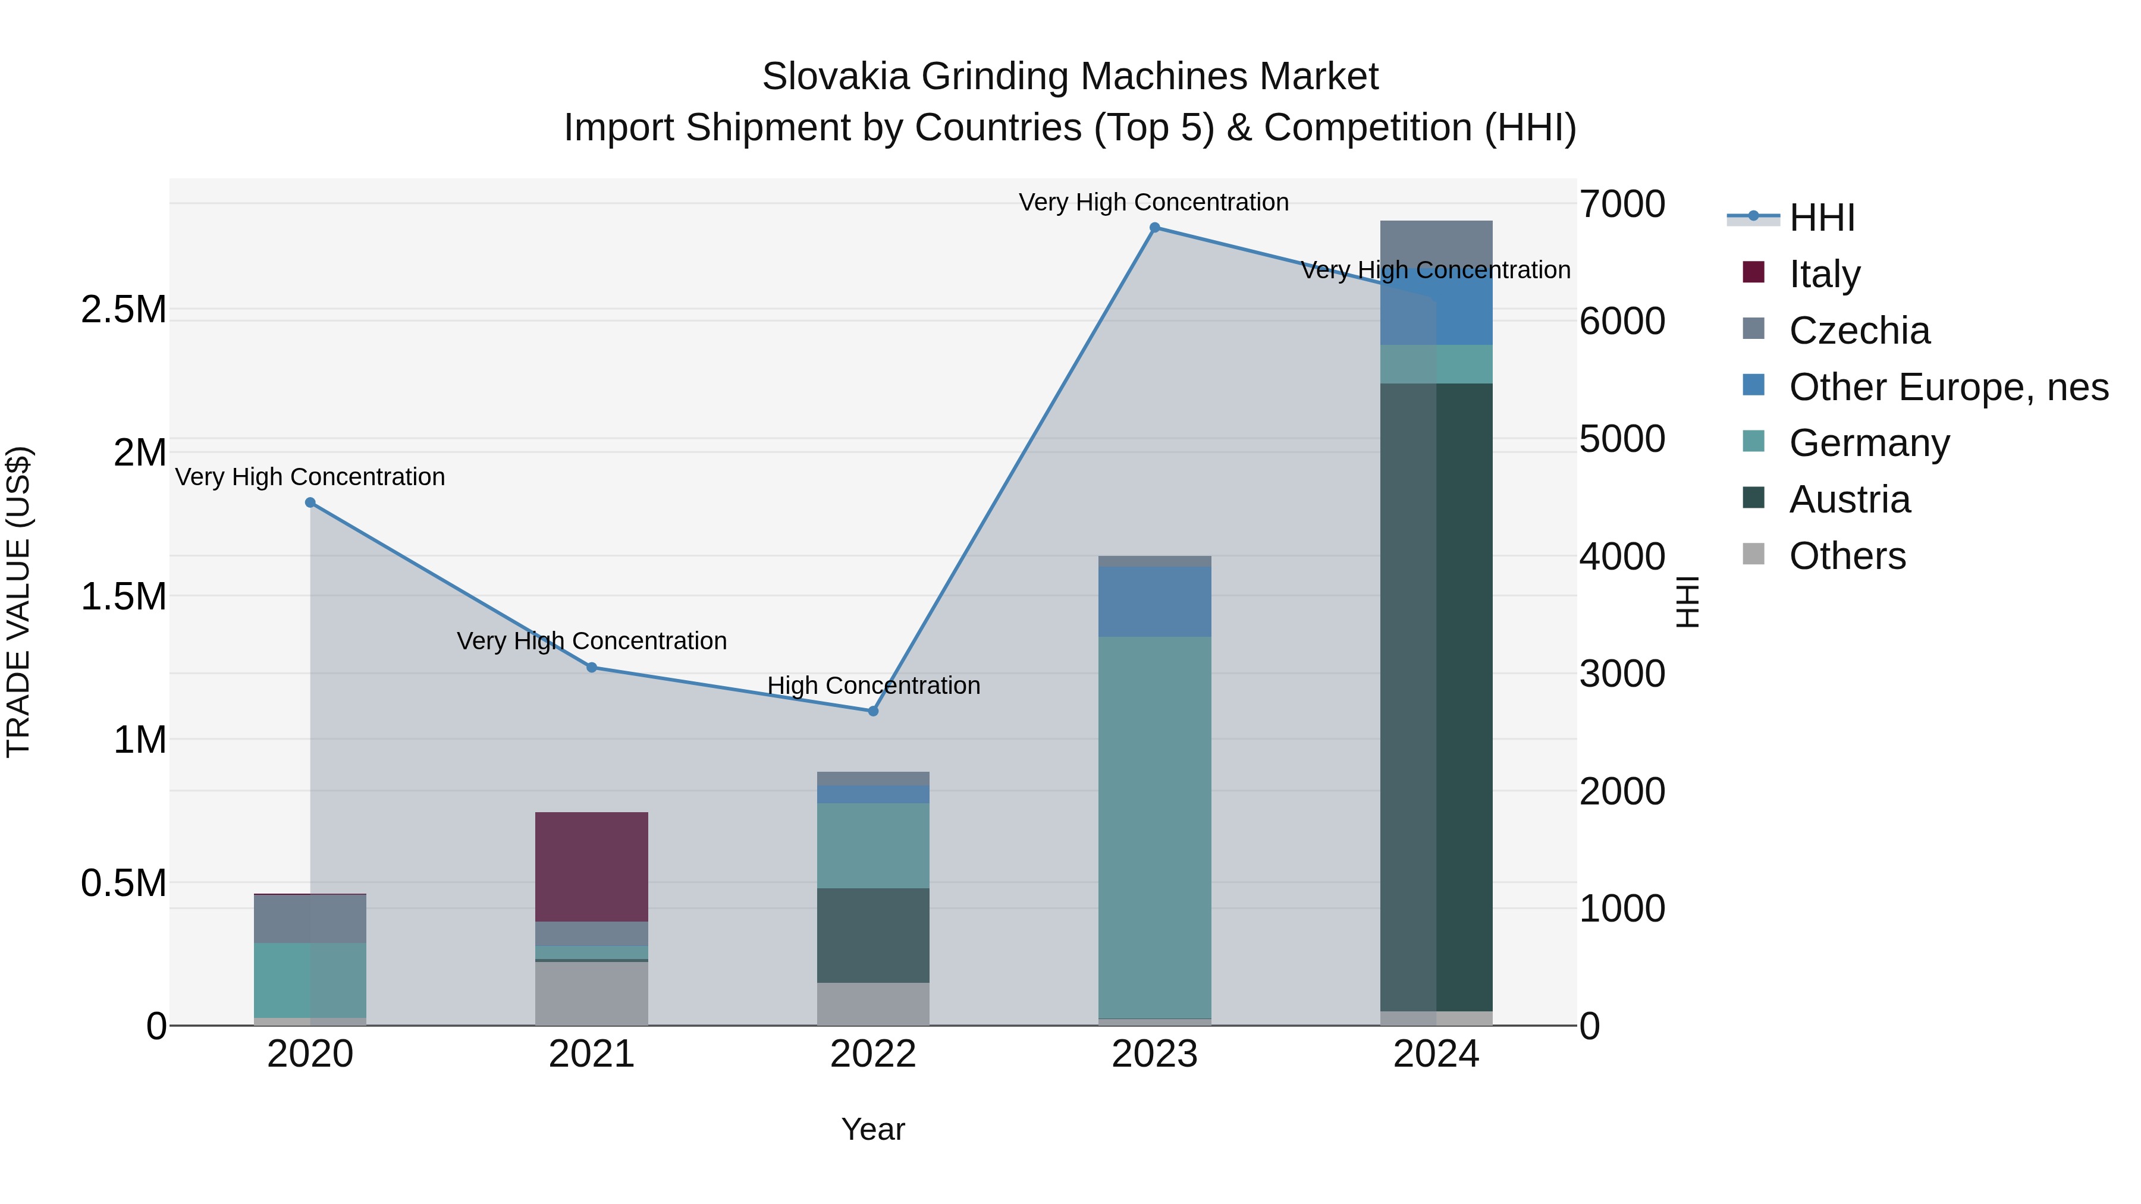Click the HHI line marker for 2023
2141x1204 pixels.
[x=1154, y=228]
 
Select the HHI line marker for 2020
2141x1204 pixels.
[x=310, y=502]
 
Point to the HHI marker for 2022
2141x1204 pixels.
[x=872, y=711]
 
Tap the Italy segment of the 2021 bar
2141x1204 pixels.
[x=591, y=867]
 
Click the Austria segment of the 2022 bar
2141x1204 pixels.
[x=872, y=936]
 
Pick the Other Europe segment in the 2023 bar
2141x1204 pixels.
[x=1154, y=602]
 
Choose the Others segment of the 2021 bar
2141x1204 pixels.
[x=591, y=994]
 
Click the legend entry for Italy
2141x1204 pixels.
[x=1825, y=274]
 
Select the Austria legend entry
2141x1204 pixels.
[x=1849, y=499]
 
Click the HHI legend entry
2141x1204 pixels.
[x=1821, y=218]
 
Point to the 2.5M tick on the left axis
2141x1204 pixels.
[x=124, y=309]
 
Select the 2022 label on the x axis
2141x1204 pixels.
[x=872, y=1054]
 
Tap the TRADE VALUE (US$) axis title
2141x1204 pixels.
[x=18, y=602]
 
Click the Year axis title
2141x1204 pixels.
[x=872, y=1129]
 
